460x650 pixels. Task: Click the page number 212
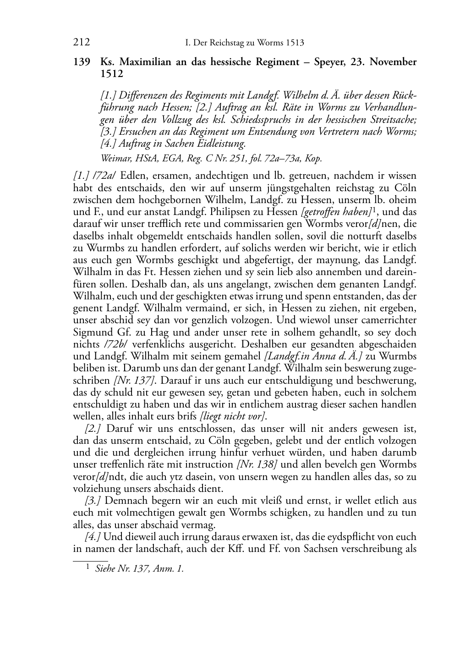tap(81, 43)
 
